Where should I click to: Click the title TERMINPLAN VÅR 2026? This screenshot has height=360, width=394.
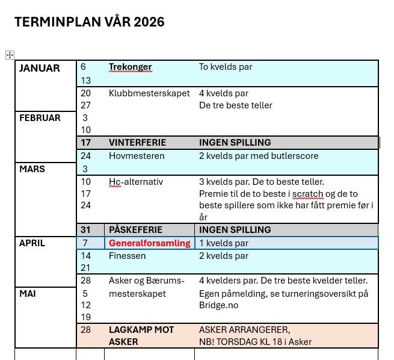[x=89, y=22]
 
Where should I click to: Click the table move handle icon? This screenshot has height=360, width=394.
[x=10, y=55]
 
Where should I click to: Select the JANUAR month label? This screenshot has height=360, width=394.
[x=39, y=68]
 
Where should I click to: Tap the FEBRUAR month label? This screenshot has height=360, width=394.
[x=40, y=118]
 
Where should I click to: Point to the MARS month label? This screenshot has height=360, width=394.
[x=32, y=169]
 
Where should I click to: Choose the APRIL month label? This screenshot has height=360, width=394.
[x=32, y=243]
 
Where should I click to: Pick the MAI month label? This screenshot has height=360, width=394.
[x=28, y=294]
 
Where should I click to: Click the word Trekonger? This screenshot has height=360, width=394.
[x=130, y=67]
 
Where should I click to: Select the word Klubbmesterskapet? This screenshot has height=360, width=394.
[x=149, y=93]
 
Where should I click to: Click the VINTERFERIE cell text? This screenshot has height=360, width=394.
[x=137, y=143]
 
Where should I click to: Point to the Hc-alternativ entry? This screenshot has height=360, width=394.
[x=136, y=182]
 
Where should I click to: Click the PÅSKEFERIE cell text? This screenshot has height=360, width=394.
[x=135, y=230]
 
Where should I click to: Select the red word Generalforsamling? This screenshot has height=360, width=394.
[x=149, y=243]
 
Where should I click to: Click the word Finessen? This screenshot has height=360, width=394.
[x=127, y=256]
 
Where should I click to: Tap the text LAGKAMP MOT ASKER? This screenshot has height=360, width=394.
[x=141, y=336]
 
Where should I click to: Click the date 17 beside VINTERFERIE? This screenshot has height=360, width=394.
[x=85, y=143]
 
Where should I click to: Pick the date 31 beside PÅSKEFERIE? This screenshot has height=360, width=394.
[x=85, y=230]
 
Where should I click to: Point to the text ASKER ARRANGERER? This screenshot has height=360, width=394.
[x=244, y=330]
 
